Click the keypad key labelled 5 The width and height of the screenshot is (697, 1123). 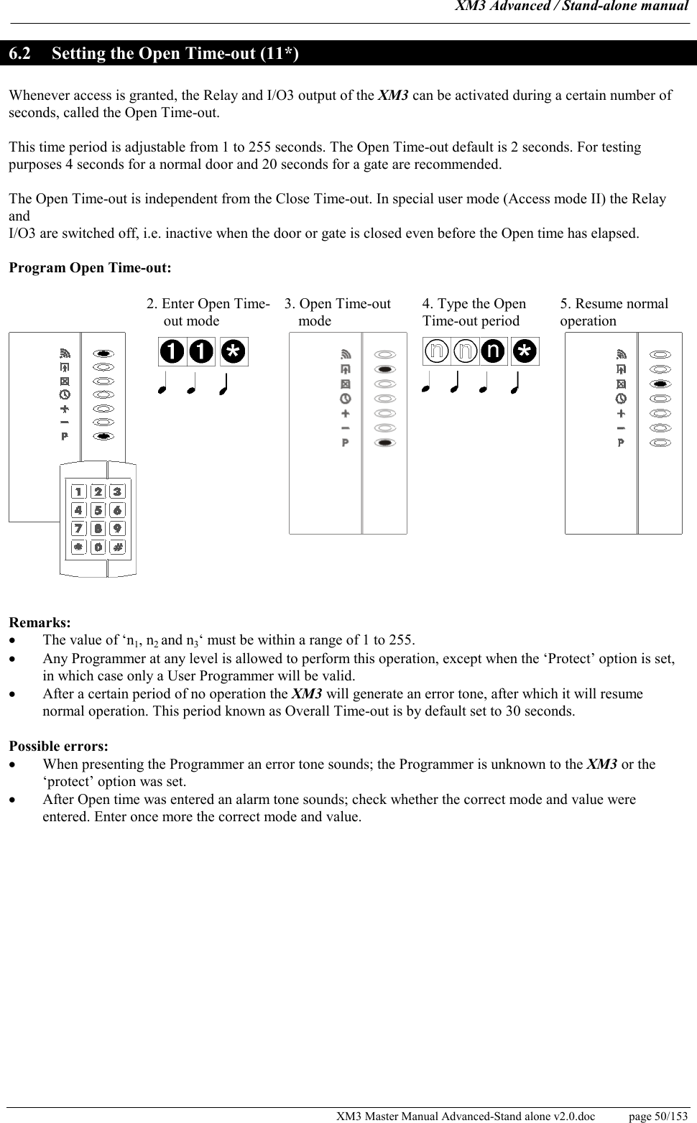pos(98,510)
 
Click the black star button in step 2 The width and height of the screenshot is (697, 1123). pos(234,351)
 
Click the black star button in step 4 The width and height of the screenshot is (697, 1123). pos(526,351)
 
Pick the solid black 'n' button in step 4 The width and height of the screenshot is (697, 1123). pos(493,351)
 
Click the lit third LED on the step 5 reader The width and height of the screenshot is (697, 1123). pos(660,384)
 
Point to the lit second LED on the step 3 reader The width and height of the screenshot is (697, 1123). pos(385,369)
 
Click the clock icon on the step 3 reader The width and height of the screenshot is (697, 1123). pos(346,399)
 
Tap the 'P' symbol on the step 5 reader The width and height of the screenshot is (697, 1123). pos(621,443)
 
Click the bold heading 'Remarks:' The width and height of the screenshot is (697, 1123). pos(40,622)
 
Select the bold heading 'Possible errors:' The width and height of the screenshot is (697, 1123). pos(58,747)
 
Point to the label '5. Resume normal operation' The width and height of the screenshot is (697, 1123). pos(614,312)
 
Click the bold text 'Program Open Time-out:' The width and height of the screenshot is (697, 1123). pos(90,268)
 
